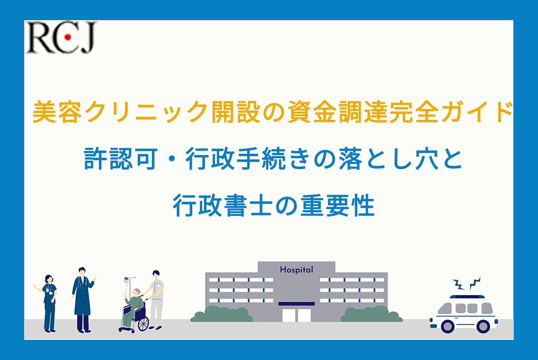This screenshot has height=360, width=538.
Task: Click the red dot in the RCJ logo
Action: pos(68,37)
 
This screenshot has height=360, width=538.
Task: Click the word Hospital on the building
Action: pos(296,270)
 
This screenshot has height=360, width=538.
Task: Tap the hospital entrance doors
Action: pos(296,315)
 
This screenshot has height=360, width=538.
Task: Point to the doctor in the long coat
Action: pos(83,300)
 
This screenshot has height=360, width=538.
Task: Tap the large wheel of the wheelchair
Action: pos(143,324)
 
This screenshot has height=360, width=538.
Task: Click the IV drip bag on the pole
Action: pos(126,280)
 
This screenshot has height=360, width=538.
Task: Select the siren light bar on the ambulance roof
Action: pos(467,297)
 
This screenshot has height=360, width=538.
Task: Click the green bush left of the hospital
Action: pos(221,314)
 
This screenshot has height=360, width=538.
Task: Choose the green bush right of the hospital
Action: pos(372,314)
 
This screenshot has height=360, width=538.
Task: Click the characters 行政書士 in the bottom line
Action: pos(223,205)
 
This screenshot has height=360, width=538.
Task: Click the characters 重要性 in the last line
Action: pos(337,205)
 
